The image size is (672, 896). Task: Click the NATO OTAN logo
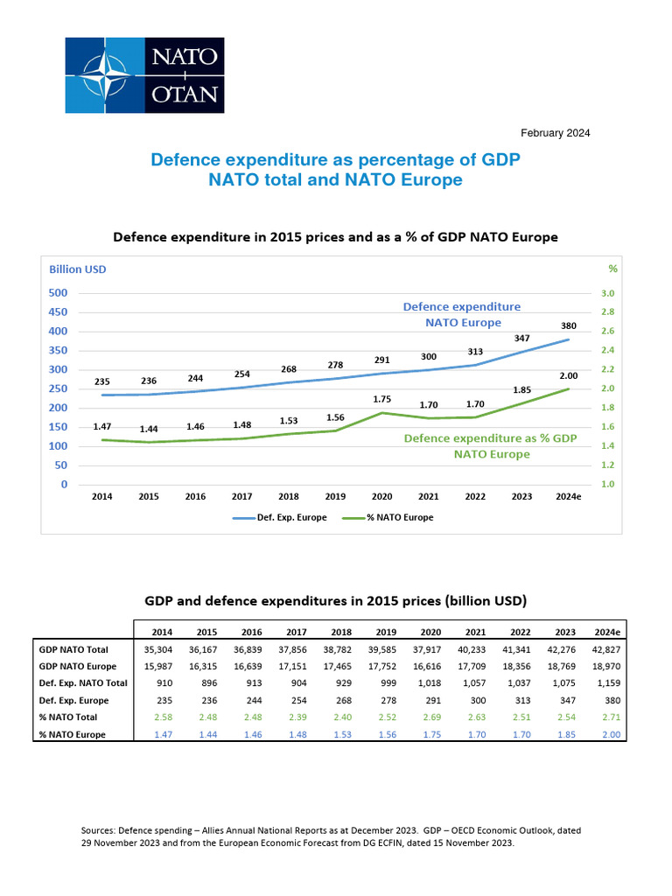tap(144, 76)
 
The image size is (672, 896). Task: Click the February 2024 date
tap(555, 133)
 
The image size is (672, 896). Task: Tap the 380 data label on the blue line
tap(569, 325)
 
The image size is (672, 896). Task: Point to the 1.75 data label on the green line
tap(381, 398)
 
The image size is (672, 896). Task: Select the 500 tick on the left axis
tap(59, 293)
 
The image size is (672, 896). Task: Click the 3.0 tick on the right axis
tap(607, 293)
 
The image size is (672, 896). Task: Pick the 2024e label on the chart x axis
tap(568, 496)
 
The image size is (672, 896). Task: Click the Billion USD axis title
tap(77, 269)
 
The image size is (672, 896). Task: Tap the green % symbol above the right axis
tap(612, 269)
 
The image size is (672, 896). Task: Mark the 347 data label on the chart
tap(521, 337)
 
